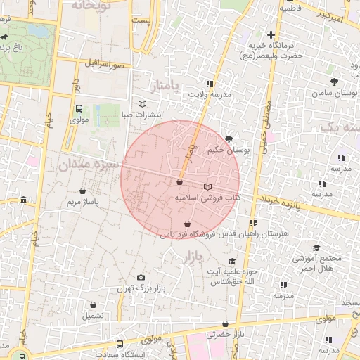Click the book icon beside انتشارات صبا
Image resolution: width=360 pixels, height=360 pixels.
[143, 104]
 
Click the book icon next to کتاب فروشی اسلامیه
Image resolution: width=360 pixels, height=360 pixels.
[207, 187]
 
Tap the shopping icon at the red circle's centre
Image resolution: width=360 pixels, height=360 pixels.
[180, 181]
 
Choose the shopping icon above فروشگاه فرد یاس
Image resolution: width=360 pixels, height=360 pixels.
[186, 224]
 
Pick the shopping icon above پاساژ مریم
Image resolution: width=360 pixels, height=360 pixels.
[84, 190]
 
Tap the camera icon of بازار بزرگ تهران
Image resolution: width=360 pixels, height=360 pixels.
[141, 278]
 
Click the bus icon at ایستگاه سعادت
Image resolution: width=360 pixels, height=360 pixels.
[120, 345]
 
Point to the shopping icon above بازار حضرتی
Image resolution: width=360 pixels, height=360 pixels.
[225, 324]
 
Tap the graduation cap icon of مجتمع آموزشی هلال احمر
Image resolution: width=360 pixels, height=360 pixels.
[316, 247]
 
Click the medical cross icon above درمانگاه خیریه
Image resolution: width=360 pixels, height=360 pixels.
[271, 34]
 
